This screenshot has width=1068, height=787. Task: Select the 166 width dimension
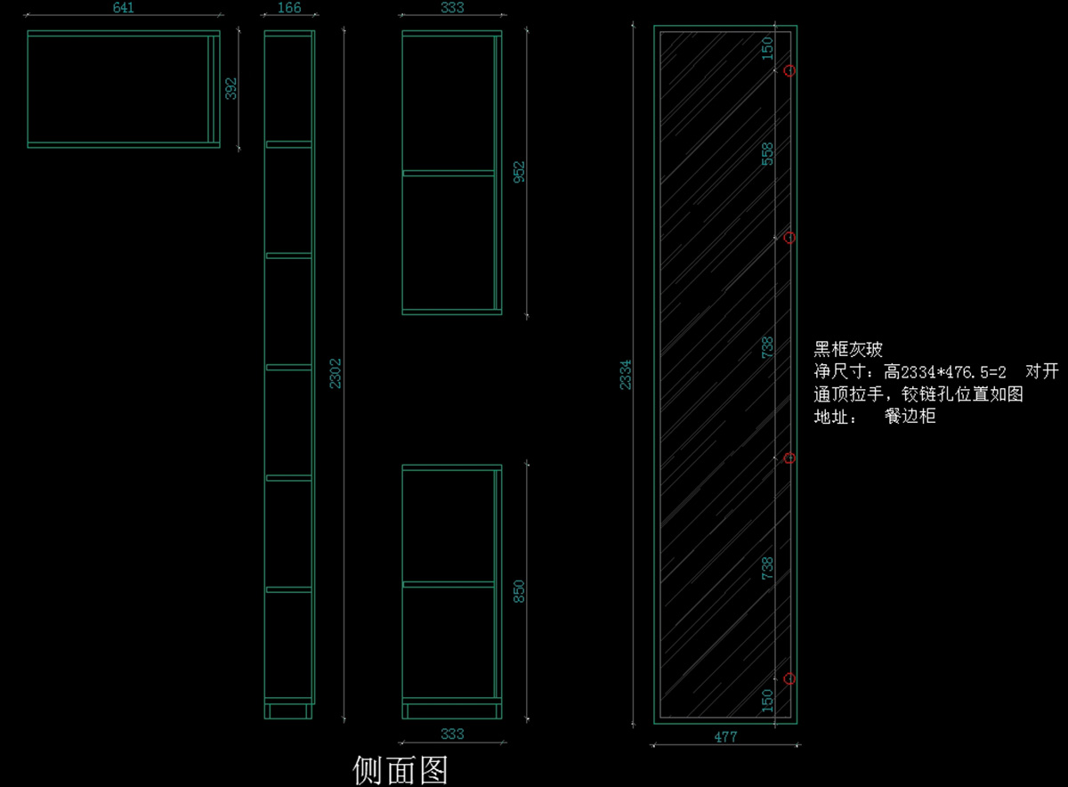coord(289,8)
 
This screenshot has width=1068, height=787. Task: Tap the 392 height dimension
coord(231,88)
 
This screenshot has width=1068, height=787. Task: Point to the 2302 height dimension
coord(336,374)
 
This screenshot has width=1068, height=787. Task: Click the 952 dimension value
coord(520,172)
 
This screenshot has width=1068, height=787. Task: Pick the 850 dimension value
coord(520,591)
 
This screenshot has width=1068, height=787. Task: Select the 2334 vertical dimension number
coord(626,374)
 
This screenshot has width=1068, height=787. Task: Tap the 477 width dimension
coord(725,737)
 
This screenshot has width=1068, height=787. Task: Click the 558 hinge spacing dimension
coord(768,154)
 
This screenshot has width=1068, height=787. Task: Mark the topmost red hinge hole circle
coord(789,70)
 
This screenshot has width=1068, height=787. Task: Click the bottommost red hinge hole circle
coord(789,678)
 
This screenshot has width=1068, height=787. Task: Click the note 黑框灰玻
coord(848,349)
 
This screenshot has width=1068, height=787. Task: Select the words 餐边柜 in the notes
coord(910,417)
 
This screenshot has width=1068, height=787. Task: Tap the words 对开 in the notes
coord(1042,371)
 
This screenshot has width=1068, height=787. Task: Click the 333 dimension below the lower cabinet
coord(452,734)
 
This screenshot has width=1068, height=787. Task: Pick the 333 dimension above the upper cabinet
coord(452,8)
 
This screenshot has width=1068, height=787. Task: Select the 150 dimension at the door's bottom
coord(768,701)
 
